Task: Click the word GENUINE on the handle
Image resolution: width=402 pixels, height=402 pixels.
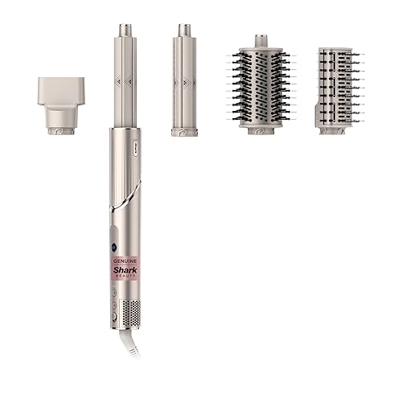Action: [x=125, y=260]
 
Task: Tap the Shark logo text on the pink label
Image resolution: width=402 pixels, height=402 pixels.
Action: [x=125, y=269]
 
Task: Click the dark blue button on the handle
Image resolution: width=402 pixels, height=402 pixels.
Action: [x=113, y=246]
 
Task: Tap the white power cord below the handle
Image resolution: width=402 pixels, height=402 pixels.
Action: [x=130, y=344]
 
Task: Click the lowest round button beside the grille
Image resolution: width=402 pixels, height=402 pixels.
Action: [x=114, y=317]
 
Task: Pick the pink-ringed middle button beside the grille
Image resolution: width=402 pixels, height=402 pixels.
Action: [x=114, y=305]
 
